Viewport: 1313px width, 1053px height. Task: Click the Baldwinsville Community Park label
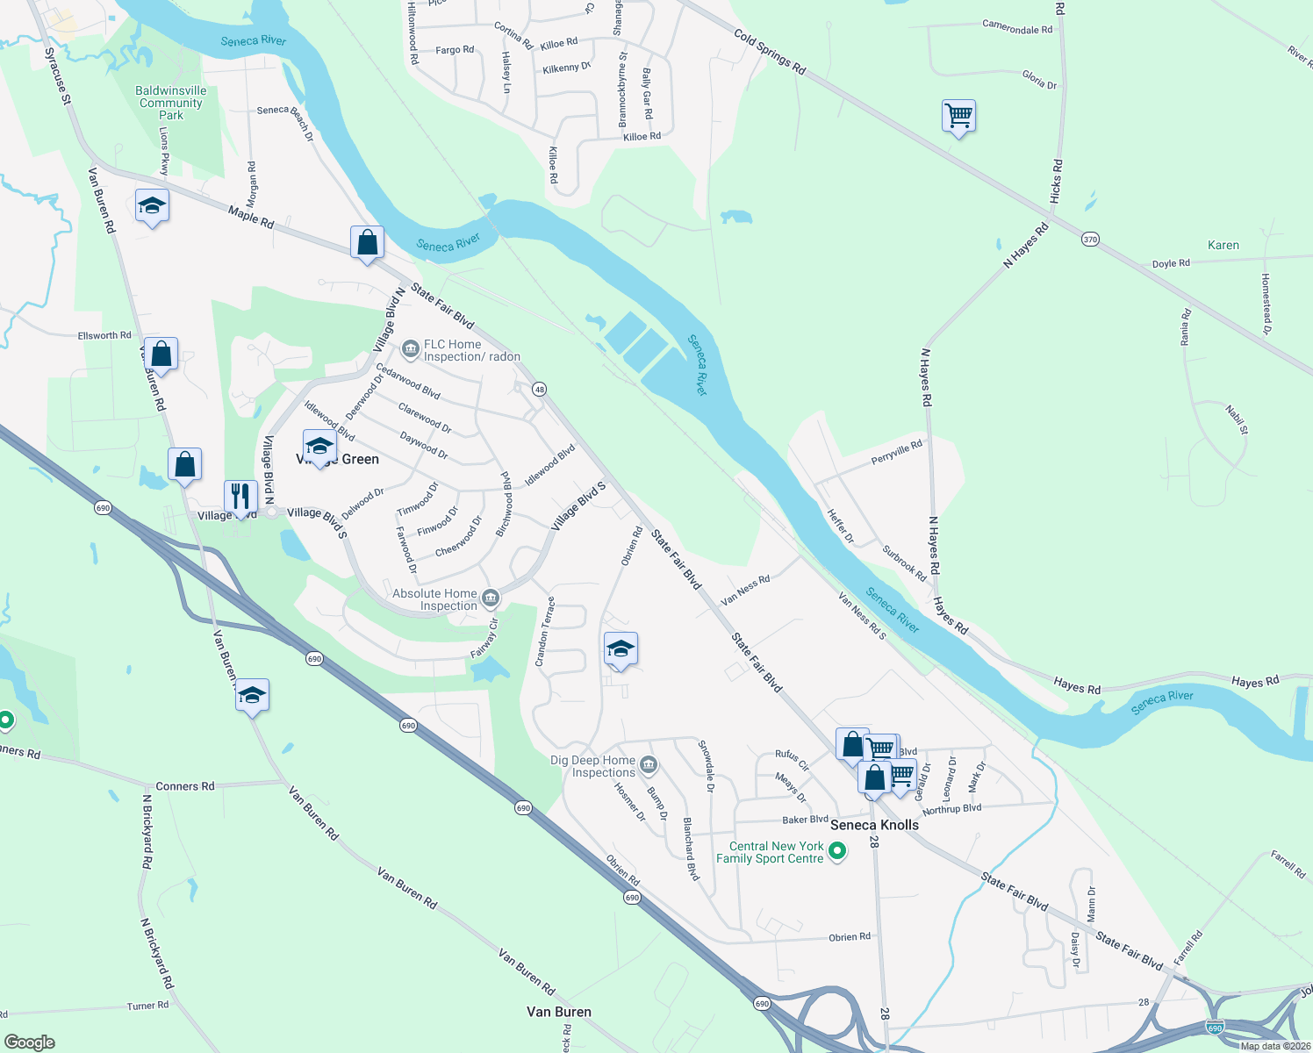point(171,103)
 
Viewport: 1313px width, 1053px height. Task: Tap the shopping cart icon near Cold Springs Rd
point(958,116)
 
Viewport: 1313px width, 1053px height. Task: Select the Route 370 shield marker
point(1090,240)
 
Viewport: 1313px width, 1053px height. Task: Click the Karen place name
point(1223,246)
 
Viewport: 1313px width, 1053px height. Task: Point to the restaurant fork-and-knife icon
point(240,497)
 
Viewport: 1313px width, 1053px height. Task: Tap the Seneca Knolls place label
point(874,825)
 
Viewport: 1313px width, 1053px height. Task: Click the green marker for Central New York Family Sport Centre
point(837,850)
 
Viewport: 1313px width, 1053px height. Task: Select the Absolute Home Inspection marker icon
point(491,599)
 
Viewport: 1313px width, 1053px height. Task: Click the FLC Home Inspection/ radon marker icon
point(410,350)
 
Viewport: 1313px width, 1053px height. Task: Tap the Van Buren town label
point(559,1012)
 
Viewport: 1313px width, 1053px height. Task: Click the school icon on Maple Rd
point(152,206)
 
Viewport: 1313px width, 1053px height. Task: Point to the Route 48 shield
point(539,390)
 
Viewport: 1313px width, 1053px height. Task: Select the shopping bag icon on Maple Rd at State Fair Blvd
point(367,243)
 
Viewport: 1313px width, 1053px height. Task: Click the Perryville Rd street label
point(897,453)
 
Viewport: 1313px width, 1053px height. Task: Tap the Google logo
point(30,1042)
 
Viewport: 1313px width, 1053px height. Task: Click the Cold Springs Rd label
point(770,52)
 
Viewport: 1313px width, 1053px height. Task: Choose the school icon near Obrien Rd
point(621,649)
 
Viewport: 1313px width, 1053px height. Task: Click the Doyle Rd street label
point(1171,263)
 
